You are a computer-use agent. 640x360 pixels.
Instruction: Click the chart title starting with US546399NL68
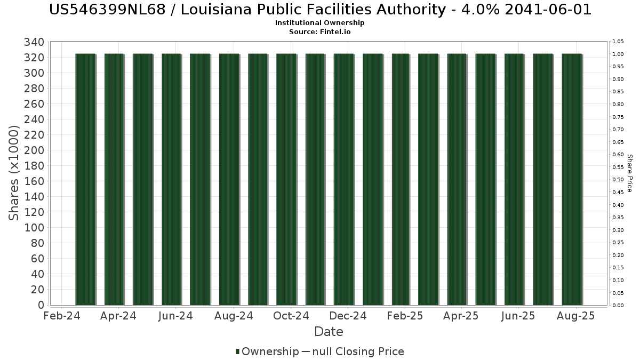click(x=320, y=10)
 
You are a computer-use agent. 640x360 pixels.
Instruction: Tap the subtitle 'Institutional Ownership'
click(x=320, y=23)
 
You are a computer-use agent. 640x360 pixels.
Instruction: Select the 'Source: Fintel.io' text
click(x=320, y=31)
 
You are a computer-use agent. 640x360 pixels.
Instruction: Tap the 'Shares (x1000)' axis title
click(x=14, y=173)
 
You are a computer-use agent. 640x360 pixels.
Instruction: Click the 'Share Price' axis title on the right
click(x=629, y=173)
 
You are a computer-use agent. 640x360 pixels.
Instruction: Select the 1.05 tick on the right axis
click(x=618, y=42)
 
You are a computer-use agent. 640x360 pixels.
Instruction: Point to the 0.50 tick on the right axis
click(x=618, y=180)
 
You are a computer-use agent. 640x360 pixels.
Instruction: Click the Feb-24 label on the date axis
click(x=62, y=316)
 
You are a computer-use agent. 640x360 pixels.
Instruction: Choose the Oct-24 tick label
click(x=291, y=316)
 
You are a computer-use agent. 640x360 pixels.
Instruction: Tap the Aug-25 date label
click(x=576, y=316)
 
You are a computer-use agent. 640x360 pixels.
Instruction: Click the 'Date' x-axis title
click(x=329, y=332)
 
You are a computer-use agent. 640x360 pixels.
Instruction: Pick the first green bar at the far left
click(x=85, y=179)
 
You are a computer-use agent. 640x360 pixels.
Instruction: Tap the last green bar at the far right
click(x=572, y=179)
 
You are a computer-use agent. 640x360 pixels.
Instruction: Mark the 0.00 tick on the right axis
click(x=618, y=306)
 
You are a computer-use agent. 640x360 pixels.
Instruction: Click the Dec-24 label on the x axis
click(x=348, y=316)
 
